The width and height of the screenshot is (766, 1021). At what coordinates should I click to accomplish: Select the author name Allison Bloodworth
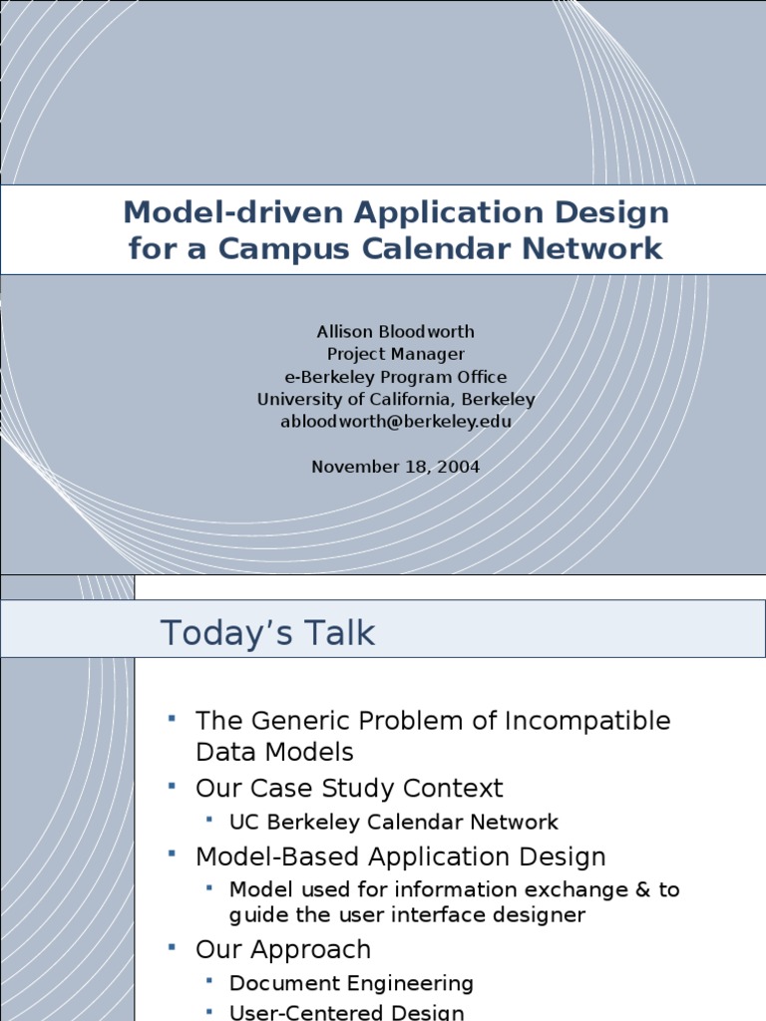[x=395, y=332]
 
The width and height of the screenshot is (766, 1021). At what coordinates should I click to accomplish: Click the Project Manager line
[x=395, y=354]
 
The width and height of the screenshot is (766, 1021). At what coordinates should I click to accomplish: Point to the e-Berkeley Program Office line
[x=395, y=377]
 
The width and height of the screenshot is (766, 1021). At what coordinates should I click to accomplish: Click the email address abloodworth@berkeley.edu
[x=395, y=421]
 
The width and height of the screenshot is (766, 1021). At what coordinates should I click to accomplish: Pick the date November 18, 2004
[x=395, y=467]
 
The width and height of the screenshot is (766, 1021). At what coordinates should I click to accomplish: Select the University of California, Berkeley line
[x=395, y=399]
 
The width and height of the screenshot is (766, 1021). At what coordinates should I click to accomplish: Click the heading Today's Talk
[x=267, y=633]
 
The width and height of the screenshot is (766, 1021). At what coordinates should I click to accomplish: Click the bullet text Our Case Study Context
[x=349, y=789]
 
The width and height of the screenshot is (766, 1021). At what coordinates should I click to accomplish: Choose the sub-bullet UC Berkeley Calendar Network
[x=393, y=823]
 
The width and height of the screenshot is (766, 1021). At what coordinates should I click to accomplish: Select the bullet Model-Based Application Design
[x=400, y=856]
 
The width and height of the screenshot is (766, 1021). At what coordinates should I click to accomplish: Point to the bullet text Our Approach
[x=282, y=949]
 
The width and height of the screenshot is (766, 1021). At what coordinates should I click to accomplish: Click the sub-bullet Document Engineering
[x=351, y=983]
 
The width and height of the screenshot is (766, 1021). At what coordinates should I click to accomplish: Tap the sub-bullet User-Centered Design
[x=346, y=1012]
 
